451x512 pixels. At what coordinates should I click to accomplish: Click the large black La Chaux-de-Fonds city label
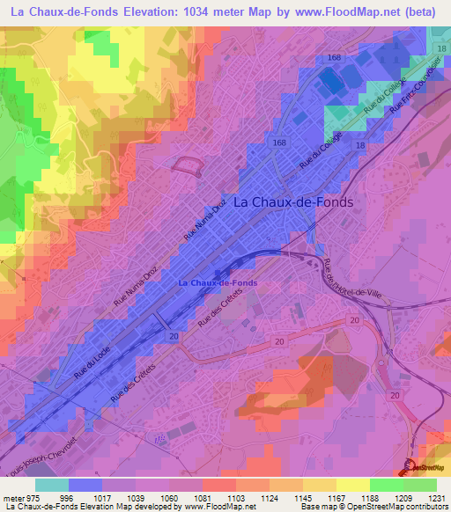coord(294,201)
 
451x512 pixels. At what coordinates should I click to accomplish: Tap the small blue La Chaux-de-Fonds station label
coord(218,282)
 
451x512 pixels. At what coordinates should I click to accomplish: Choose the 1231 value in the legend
coord(438,497)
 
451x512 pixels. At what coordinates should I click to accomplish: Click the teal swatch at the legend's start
coord(52,485)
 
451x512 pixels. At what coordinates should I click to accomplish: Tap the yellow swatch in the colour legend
coord(352,485)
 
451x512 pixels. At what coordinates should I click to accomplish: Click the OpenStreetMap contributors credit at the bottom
coord(400,508)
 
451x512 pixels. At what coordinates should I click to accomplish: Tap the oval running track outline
coord(189,163)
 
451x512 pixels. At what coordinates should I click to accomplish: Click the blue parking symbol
coord(159,437)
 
